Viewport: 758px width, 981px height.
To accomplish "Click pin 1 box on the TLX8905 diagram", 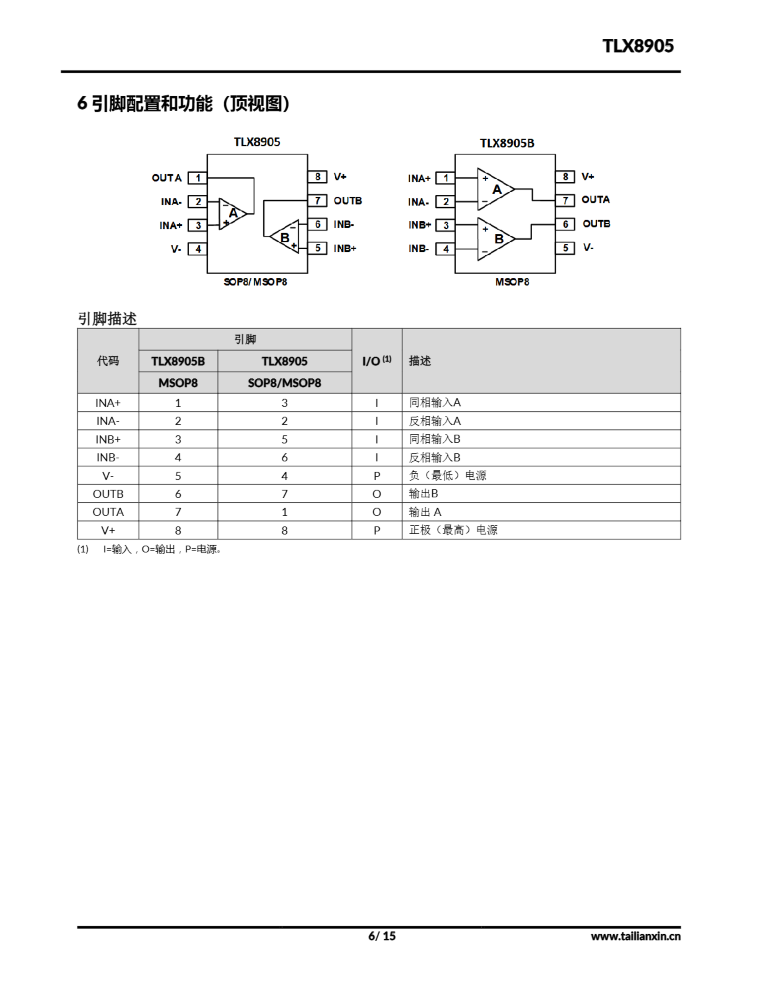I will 197,178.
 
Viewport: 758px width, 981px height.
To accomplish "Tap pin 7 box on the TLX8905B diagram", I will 565,200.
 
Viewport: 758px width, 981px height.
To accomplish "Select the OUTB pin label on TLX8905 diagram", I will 347,201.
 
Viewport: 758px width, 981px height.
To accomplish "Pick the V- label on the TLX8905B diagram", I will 588,248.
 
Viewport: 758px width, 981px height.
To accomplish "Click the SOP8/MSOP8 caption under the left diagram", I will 255,282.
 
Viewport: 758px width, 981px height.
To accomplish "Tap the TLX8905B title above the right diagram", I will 507,143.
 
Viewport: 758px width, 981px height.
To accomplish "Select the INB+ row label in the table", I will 108,439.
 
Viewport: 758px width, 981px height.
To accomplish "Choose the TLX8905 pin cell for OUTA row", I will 284,512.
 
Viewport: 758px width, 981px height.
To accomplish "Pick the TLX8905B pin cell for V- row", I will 178,476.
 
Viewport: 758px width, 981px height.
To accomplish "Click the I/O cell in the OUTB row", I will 377,494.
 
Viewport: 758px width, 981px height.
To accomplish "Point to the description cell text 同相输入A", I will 435,402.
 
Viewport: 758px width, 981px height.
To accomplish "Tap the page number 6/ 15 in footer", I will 382,936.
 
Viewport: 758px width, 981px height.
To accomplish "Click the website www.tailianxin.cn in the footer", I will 635,937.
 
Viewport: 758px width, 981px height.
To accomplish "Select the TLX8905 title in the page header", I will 638,46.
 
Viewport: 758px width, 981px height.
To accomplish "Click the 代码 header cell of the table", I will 108,361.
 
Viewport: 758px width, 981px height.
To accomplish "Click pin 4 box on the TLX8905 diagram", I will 197,249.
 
